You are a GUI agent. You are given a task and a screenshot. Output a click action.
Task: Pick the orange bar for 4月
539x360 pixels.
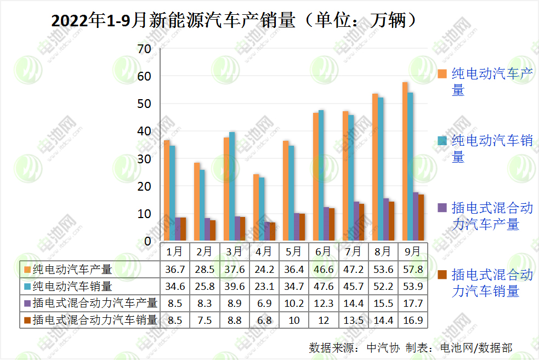(256, 208)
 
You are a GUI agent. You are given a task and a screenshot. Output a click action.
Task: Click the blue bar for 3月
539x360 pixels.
(232, 186)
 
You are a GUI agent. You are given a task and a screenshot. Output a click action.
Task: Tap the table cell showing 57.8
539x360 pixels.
(412, 269)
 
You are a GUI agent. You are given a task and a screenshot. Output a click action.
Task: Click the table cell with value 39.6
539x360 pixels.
(234, 286)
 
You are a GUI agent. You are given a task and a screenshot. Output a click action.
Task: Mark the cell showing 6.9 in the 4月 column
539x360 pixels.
(264, 303)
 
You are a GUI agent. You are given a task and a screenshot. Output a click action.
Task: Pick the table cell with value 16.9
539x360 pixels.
(412, 320)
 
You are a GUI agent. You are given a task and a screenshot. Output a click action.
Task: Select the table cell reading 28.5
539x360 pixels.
(204, 269)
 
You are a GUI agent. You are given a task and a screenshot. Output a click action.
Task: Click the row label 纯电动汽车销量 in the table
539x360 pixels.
(72, 286)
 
